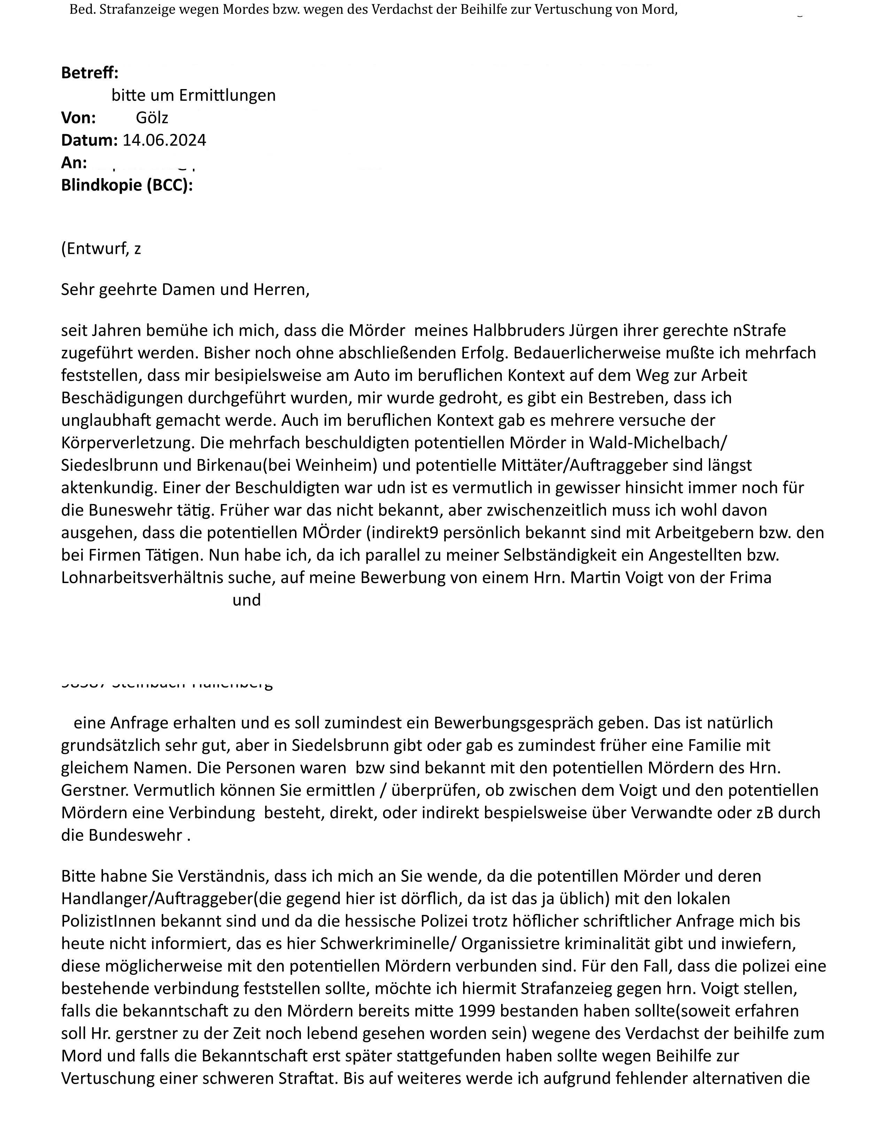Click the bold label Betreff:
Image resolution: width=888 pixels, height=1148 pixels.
pyautogui.click(x=90, y=73)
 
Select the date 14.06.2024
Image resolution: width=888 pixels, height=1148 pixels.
pyautogui.click(x=164, y=140)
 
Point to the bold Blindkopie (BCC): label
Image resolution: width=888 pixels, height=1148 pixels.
pyautogui.click(x=127, y=185)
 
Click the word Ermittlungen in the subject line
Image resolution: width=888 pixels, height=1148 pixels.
pyautogui.click(x=227, y=95)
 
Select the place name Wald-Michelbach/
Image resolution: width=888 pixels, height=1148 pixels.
pyautogui.click(x=657, y=443)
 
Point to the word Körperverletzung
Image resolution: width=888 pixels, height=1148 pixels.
pyautogui.click(x=128, y=443)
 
